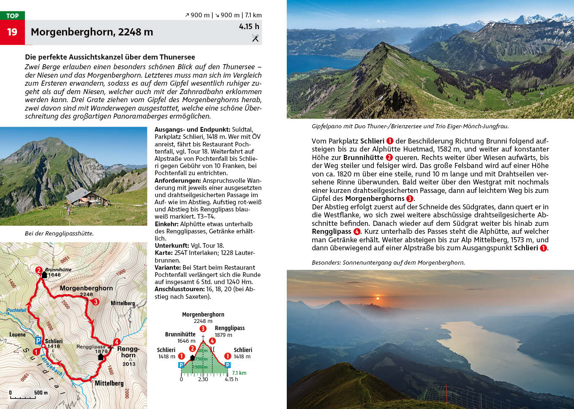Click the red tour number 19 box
tap(12, 32)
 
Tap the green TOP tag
tap(12, 16)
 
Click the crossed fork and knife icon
tap(255, 38)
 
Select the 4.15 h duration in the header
tap(249, 27)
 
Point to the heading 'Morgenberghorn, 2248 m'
tap(92, 32)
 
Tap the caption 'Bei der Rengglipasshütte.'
tap(59, 233)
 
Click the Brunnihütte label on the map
tap(58, 269)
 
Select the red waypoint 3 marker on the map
tap(96, 302)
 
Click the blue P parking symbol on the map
tap(38, 341)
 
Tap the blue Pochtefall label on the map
tap(16, 310)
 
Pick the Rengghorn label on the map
tap(128, 352)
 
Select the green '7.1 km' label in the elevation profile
tap(239, 373)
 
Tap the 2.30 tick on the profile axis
tap(203, 379)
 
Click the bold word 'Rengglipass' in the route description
tap(332, 232)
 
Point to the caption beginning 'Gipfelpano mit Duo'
tap(410, 126)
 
